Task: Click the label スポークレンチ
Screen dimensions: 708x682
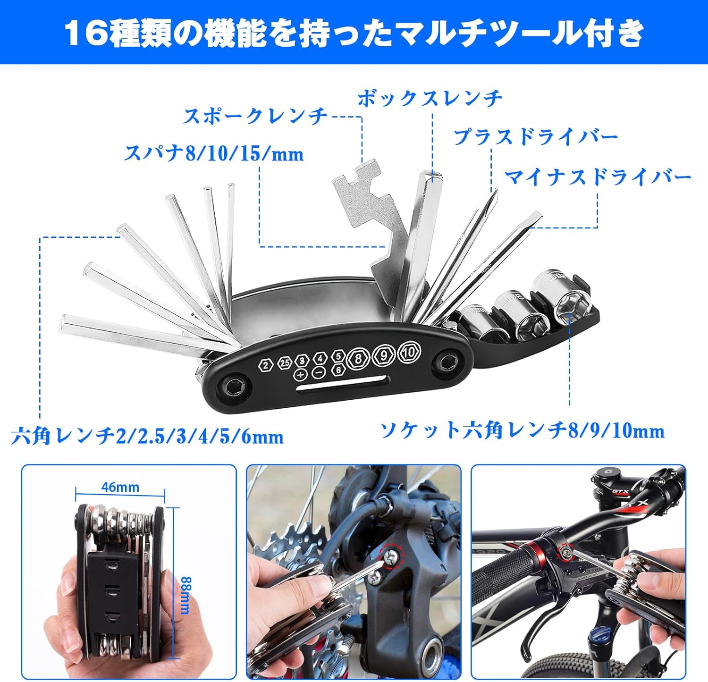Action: (x=255, y=116)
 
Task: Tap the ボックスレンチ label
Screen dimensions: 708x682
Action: (x=430, y=98)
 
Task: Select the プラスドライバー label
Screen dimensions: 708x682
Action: (x=536, y=137)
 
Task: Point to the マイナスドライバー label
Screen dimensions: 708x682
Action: (x=598, y=177)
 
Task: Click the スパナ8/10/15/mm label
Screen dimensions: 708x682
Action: (x=213, y=153)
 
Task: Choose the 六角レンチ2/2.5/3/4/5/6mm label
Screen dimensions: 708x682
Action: (x=147, y=436)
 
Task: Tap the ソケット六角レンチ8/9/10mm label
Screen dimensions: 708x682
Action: (x=522, y=430)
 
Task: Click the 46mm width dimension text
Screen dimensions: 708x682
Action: (x=120, y=487)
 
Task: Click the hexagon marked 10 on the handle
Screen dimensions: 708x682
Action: (x=409, y=352)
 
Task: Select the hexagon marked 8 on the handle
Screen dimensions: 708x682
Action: (x=358, y=359)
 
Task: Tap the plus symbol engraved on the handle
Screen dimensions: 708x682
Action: (x=301, y=375)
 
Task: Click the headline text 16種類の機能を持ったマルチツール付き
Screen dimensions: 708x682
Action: (x=354, y=33)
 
